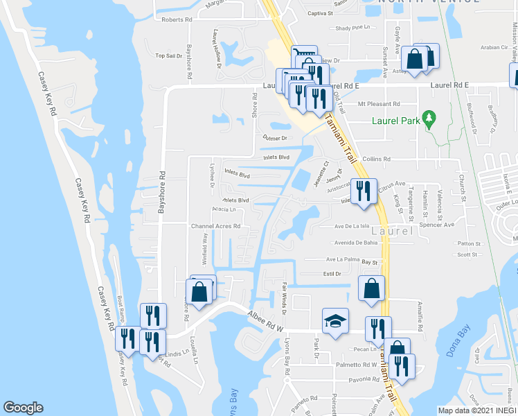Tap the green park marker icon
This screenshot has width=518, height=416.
[429, 119]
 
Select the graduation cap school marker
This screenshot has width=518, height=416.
[336, 321]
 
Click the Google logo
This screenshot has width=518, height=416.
[23, 408]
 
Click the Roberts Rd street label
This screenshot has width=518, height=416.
[177, 20]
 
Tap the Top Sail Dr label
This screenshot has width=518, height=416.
[169, 55]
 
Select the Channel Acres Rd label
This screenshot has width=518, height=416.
[216, 226]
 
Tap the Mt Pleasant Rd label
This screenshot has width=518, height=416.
[379, 104]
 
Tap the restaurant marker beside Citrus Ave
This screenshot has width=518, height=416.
[364, 191]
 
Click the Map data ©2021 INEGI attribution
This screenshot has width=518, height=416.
[477, 410]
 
